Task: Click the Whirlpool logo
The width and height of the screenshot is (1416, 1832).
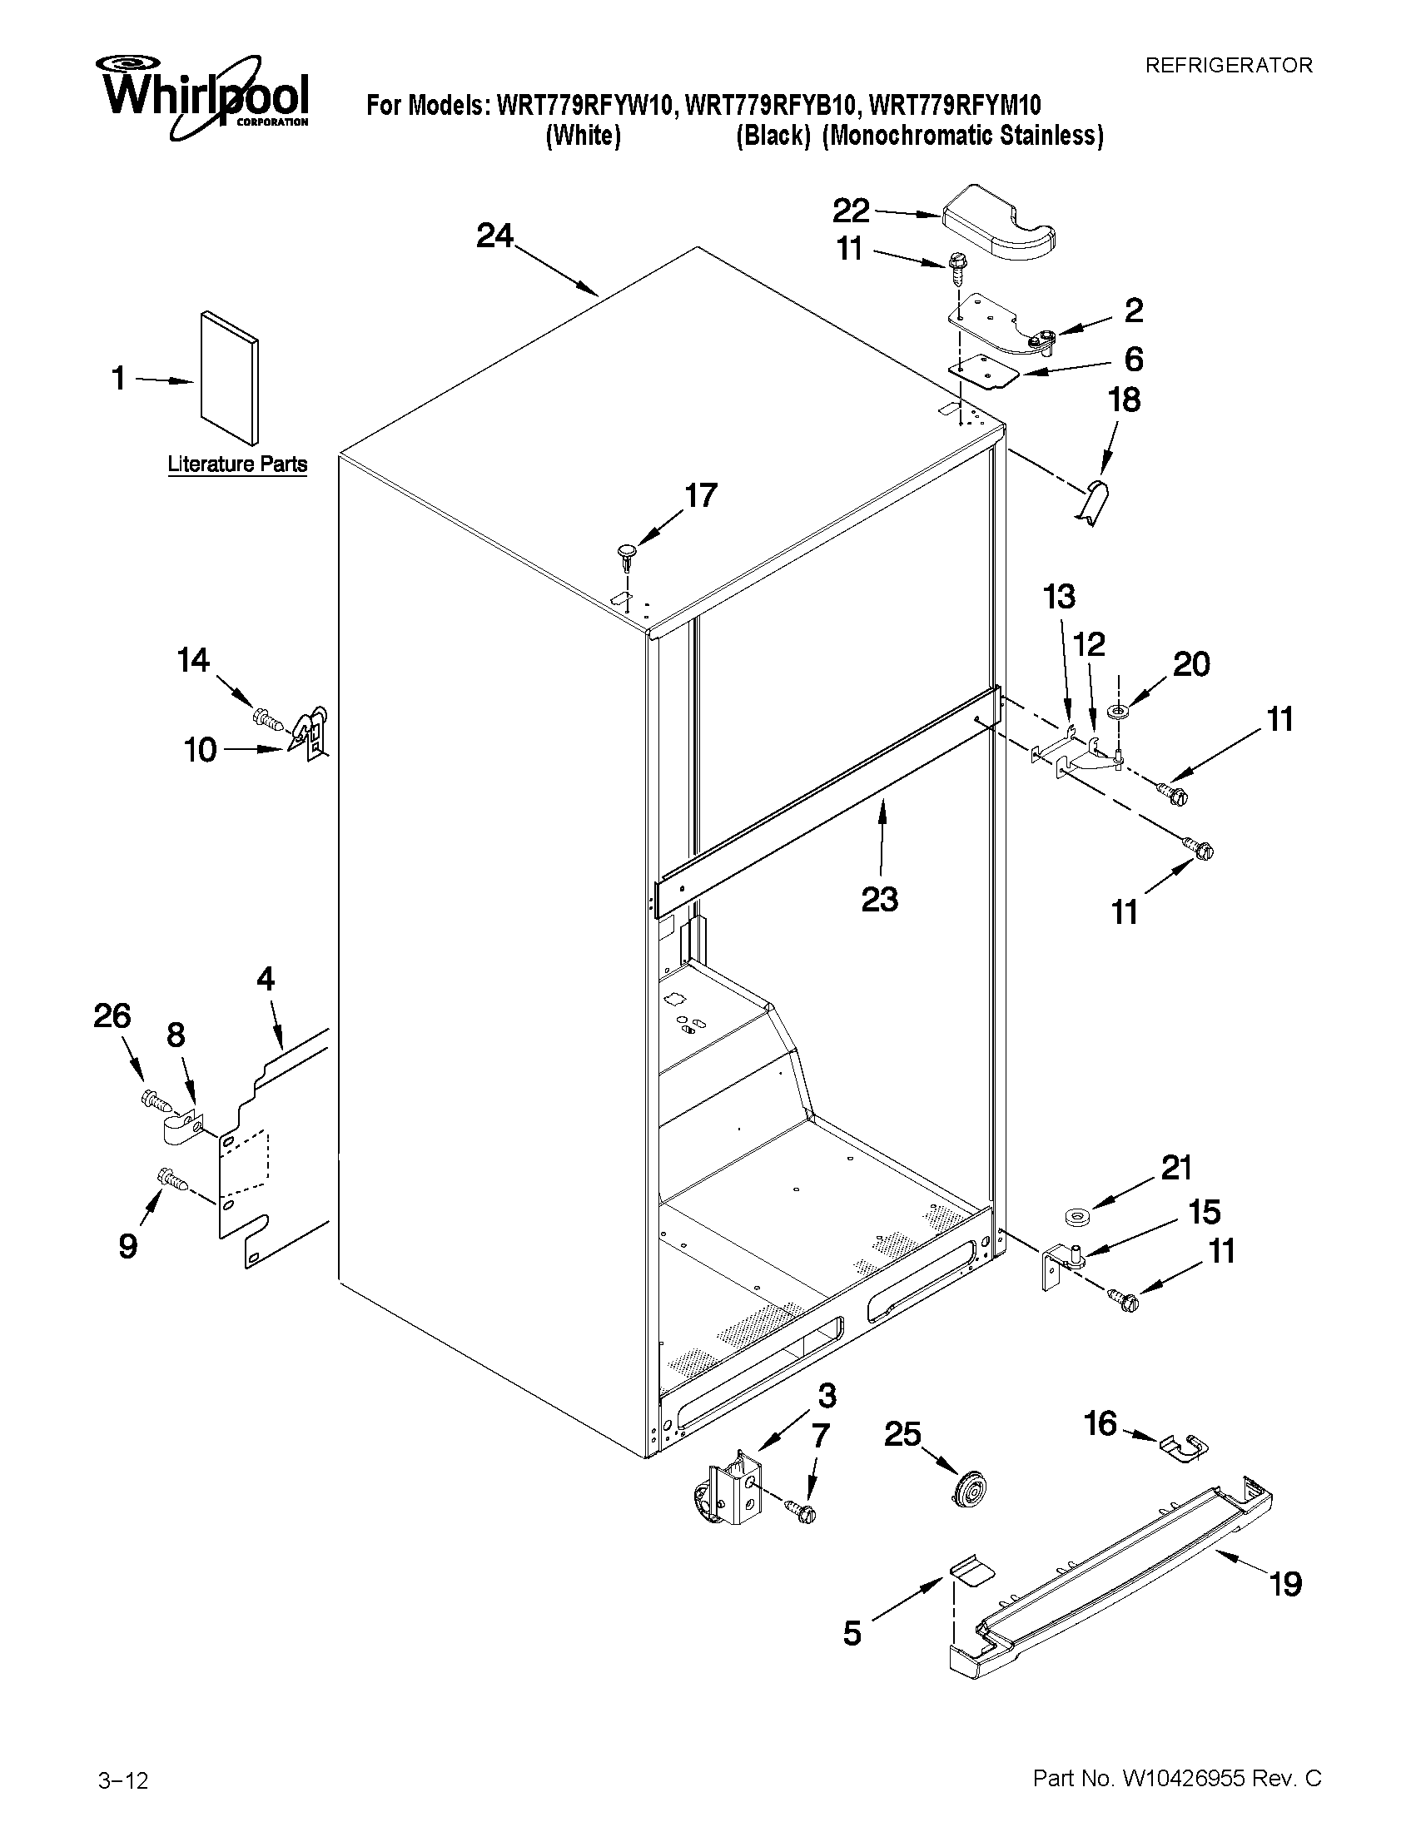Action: [x=205, y=97]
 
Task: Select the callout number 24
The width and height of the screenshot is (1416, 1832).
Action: [x=494, y=236]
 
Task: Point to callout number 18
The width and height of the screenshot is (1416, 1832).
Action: [x=1124, y=400]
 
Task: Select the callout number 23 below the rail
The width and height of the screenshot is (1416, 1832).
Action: [x=879, y=900]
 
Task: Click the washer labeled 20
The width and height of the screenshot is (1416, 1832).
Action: [x=1115, y=712]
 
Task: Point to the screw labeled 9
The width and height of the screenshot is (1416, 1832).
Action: [x=171, y=1180]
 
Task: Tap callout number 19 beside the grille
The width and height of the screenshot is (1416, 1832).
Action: [x=1284, y=1584]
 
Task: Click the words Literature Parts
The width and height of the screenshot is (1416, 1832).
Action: [x=237, y=464]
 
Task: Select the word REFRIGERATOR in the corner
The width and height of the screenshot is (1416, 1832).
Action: [x=1228, y=66]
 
